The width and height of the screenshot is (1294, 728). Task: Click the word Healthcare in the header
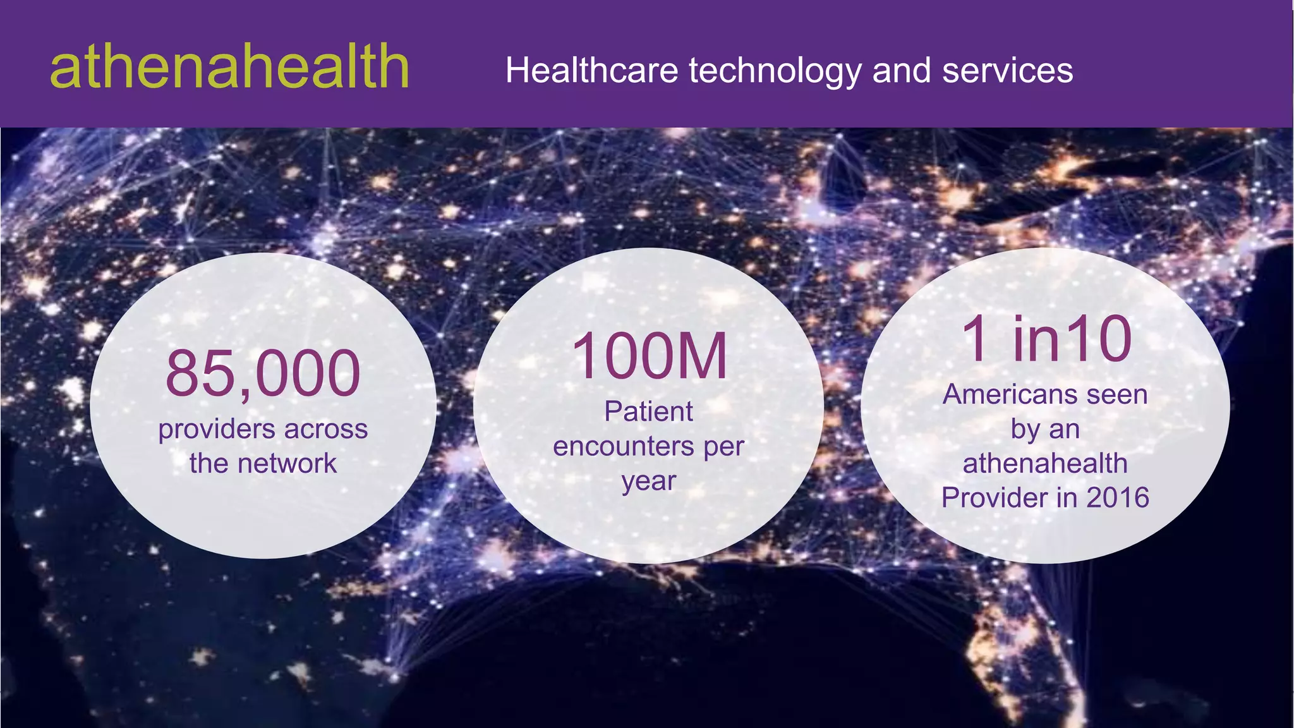pyautogui.click(x=591, y=70)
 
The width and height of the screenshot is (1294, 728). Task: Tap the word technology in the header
pyautogui.click(x=775, y=71)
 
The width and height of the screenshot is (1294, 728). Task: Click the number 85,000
pyautogui.click(x=263, y=373)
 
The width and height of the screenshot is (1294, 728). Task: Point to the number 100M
pyautogui.click(x=649, y=357)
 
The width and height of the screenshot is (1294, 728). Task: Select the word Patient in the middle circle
pyautogui.click(x=648, y=411)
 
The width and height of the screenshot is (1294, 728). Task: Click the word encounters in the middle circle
pyautogui.click(x=623, y=446)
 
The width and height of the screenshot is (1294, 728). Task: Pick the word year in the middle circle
pyautogui.click(x=648, y=482)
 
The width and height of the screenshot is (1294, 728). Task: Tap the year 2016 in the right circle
pyautogui.click(x=1117, y=497)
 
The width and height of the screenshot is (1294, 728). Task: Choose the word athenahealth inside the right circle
pyautogui.click(x=1045, y=463)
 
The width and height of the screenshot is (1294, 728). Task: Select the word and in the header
pyautogui.click(x=902, y=70)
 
